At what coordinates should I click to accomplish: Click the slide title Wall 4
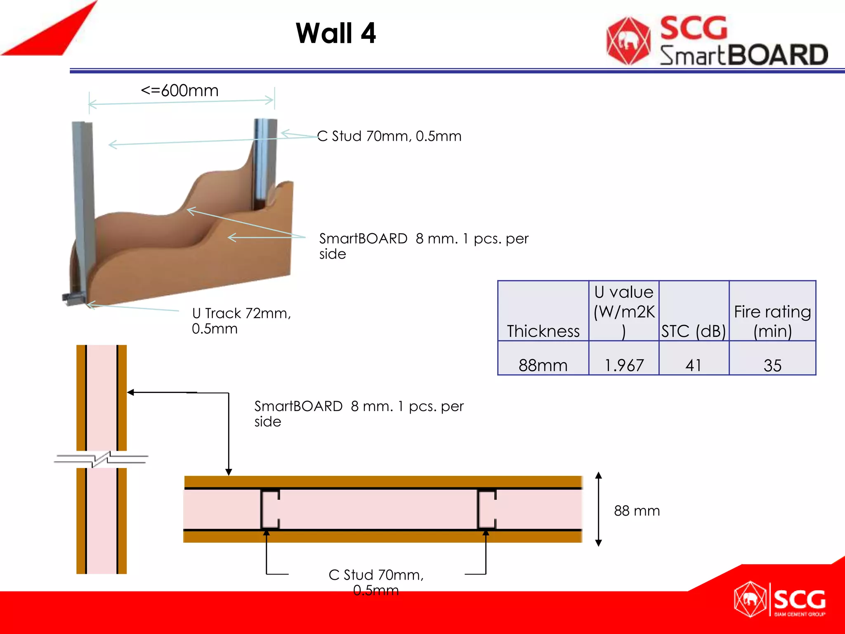point(336,33)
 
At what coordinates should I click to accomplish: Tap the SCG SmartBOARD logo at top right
point(717,41)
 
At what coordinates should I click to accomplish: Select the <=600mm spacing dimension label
point(179,90)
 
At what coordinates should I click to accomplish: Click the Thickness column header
point(543,331)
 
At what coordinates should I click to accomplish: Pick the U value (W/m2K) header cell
point(624,312)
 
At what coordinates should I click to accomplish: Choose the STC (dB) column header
point(694,331)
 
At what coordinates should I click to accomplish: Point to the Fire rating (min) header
point(772,321)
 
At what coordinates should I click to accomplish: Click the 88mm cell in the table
point(543,365)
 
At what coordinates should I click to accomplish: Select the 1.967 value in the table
point(624,365)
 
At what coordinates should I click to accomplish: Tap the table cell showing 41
point(694,365)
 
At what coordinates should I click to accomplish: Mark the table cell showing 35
point(772,365)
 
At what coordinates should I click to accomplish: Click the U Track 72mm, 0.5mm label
point(241,321)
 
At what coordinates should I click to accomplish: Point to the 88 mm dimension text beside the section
point(637,511)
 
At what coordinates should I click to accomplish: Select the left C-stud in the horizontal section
point(270,509)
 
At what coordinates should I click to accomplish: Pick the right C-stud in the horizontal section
point(486,509)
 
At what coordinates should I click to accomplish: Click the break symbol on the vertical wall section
point(101,459)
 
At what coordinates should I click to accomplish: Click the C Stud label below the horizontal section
point(376,582)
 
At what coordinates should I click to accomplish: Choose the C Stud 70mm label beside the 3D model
point(389,136)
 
